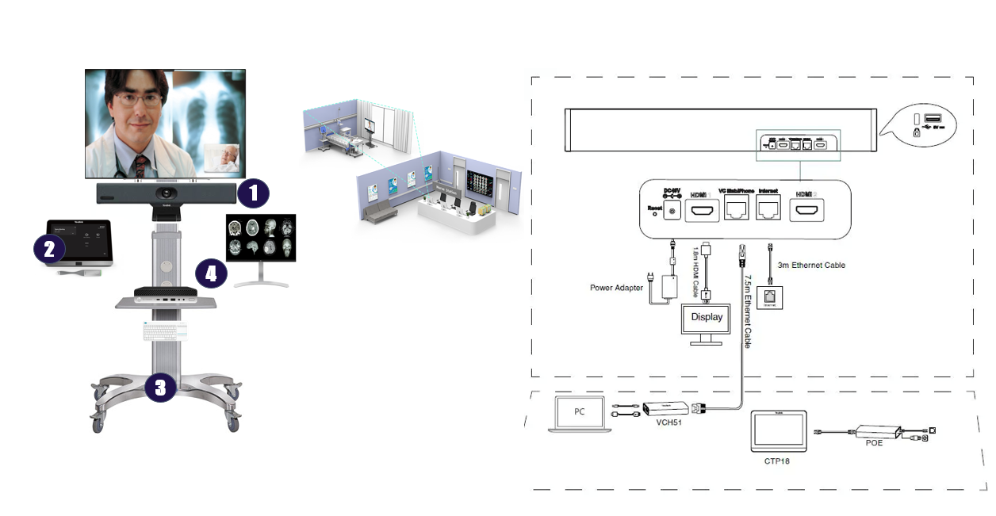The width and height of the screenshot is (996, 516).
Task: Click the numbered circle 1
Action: [253, 193]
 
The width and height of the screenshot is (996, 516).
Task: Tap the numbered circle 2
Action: [49, 250]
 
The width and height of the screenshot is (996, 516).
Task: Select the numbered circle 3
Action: [160, 388]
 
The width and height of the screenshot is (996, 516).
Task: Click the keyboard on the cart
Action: [166, 331]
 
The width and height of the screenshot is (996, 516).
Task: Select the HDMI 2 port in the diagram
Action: [806, 210]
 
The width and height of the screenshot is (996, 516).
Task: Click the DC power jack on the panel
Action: [674, 211]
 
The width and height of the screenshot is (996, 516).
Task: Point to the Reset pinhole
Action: [654, 213]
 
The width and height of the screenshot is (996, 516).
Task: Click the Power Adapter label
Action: [616, 288]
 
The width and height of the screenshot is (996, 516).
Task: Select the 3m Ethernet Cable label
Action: [812, 265]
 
